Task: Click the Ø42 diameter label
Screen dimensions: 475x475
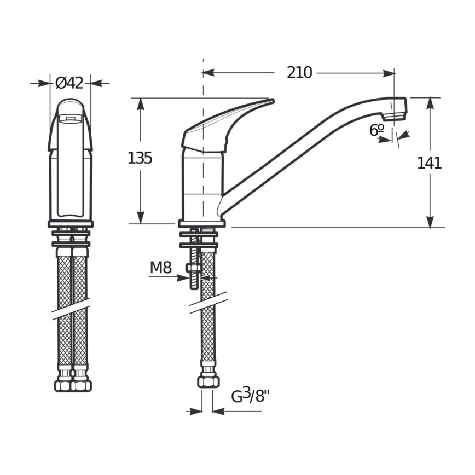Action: pyautogui.click(x=69, y=83)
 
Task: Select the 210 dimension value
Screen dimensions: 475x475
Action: pyautogui.click(x=299, y=72)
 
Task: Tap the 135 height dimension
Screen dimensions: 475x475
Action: pyautogui.click(x=140, y=159)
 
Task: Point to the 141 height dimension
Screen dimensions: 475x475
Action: pyautogui.click(x=429, y=163)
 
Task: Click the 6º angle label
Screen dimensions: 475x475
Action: pyautogui.click(x=376, y=130)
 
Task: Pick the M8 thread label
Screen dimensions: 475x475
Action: pyautogui.click(x=161, y=268)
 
